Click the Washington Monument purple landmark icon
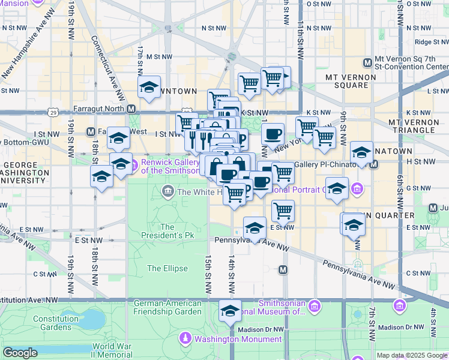pos(186,339)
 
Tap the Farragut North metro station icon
pos(131,109)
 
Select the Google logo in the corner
pos(20,353)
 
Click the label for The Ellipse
pos(167,269)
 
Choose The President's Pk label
pos(167,232)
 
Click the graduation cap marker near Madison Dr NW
pos(229,311)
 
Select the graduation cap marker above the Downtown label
pos(149,87)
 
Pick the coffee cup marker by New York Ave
pos(273,134)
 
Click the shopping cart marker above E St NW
pos(283,211)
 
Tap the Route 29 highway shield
pos(53,112)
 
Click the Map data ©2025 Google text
pos(412,355)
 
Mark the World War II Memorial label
pos(112,351)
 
